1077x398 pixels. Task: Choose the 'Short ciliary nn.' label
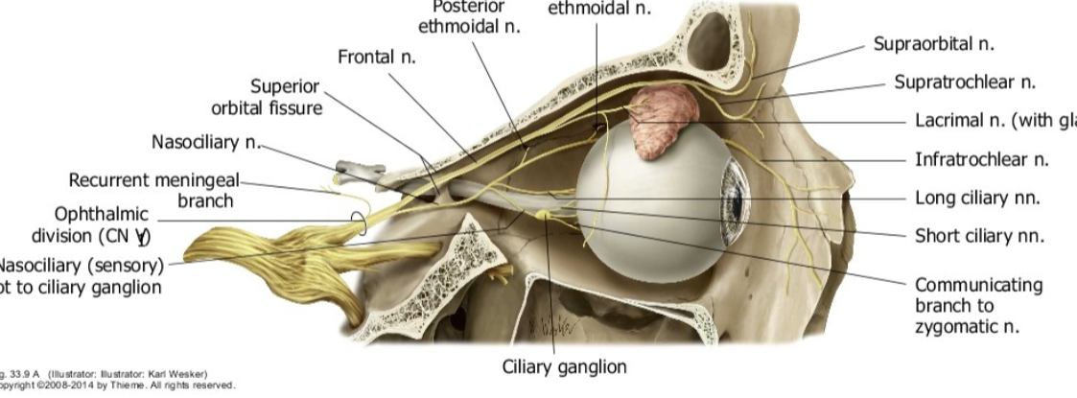point(979,236)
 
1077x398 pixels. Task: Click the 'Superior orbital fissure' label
point(267,97)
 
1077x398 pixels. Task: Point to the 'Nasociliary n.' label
point(206,143)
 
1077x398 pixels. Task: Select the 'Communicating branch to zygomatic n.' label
point(977,305)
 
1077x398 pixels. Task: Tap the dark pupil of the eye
point(736,202)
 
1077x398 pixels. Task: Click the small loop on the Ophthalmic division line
point(358,222)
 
